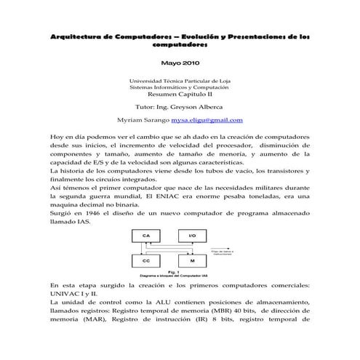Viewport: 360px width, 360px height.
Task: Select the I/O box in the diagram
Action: [x=191, y=236]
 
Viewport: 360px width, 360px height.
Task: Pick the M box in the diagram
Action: [x=191, y=260]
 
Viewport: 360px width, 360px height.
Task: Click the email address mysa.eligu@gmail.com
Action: [x=207, y=120]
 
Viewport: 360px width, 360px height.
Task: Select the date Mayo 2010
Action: [x=180, y=63]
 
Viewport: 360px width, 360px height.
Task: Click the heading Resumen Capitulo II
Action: [x=180, y=94]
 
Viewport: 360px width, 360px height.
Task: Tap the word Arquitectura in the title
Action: [x=75, y=36]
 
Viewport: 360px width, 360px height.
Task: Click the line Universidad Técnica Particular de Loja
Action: [x=180, y=80]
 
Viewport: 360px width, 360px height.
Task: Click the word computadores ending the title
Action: [x=180, y=44]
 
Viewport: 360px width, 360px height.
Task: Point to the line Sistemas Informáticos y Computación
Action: [x=180, y=87]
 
